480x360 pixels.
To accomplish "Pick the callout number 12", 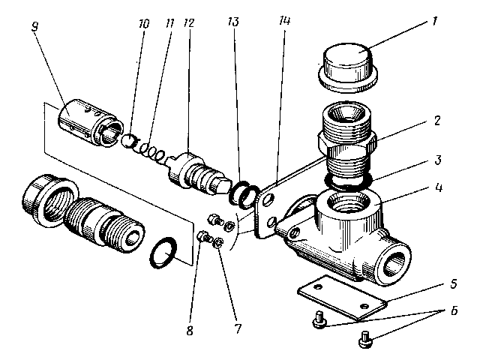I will (x=189, y=23).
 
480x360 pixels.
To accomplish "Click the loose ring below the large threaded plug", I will (x=164, y=253).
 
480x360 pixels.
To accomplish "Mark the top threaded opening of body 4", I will (x=346, y=204).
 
